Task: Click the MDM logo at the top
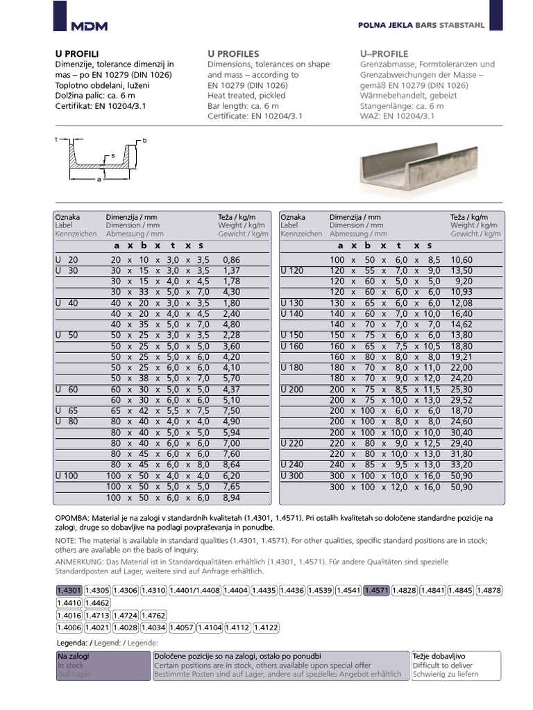pos(90,26)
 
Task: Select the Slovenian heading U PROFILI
pos(77,54)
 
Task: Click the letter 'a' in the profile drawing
pos(99,179)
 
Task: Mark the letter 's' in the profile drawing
pos(112,157)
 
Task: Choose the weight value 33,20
pos(462,464)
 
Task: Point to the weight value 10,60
pos(462,259)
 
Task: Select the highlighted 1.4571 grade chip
pos(376,590)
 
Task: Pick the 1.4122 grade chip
pos(266,627)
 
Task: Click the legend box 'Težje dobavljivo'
pos(455,665)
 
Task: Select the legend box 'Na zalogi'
pos(102,665)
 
